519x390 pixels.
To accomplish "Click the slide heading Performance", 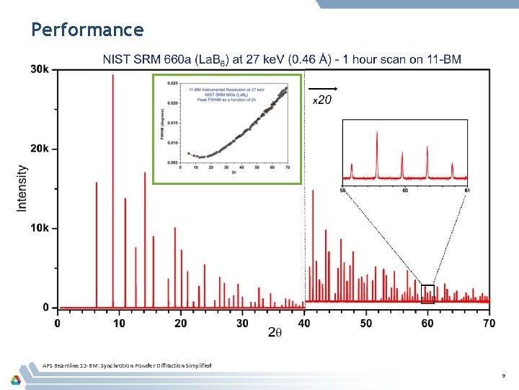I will (x=87, y=30).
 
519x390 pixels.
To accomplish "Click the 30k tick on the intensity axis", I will (x=40, y=69).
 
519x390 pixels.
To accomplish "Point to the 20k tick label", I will (x=40, y=149).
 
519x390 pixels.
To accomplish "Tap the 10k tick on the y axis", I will (x=40, y=228).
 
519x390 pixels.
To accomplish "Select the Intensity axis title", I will (x=22, y=188).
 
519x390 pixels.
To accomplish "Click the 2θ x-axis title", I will (x=275, y=332).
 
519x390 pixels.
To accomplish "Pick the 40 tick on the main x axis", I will (x=304, y=323).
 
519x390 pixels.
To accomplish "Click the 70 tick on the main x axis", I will (x=489, y=323).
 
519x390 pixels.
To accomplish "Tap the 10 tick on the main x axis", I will (x=119, y=323).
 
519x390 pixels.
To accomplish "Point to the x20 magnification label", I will (x=321, y=100).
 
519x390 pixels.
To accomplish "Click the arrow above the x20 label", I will (x=323, y=89).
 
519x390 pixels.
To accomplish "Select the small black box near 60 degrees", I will (x=427, y=293).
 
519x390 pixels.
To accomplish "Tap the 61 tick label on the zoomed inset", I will (x=468, y=191).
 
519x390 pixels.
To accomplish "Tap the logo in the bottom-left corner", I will (x=15, y=379).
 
